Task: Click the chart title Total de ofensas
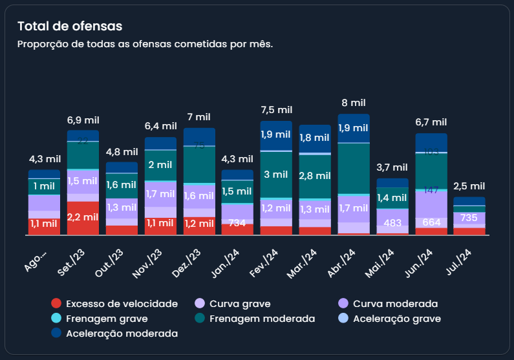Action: point(70,26)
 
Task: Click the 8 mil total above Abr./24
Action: point(354,103)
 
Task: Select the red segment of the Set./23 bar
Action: point(83,218)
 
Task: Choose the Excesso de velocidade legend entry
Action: point(114,304)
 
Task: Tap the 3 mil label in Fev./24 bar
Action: point(276,175)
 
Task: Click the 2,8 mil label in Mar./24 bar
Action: point(315,176)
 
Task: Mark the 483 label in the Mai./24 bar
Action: point(392,222)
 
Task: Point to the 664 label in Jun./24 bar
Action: point(431,222)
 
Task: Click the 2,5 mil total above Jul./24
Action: point(469,186)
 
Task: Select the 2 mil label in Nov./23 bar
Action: point(160,165)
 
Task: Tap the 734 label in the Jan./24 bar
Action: point(238,222)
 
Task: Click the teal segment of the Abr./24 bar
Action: point(354,168)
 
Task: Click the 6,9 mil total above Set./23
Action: point(83,120)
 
